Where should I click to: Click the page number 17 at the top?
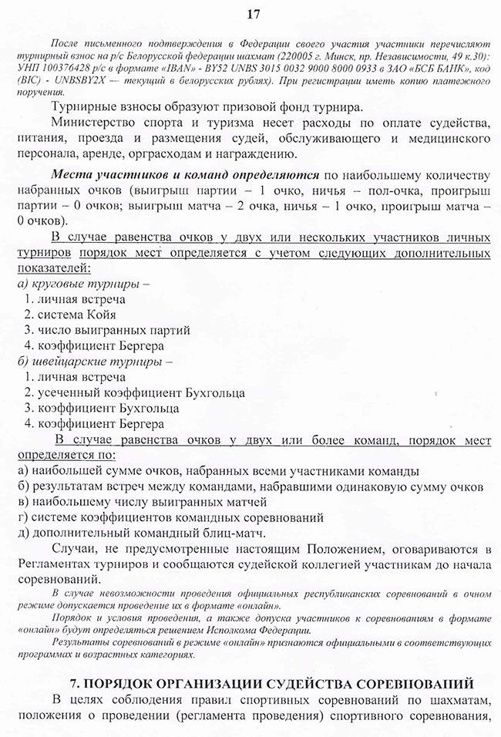pos(250,13)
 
